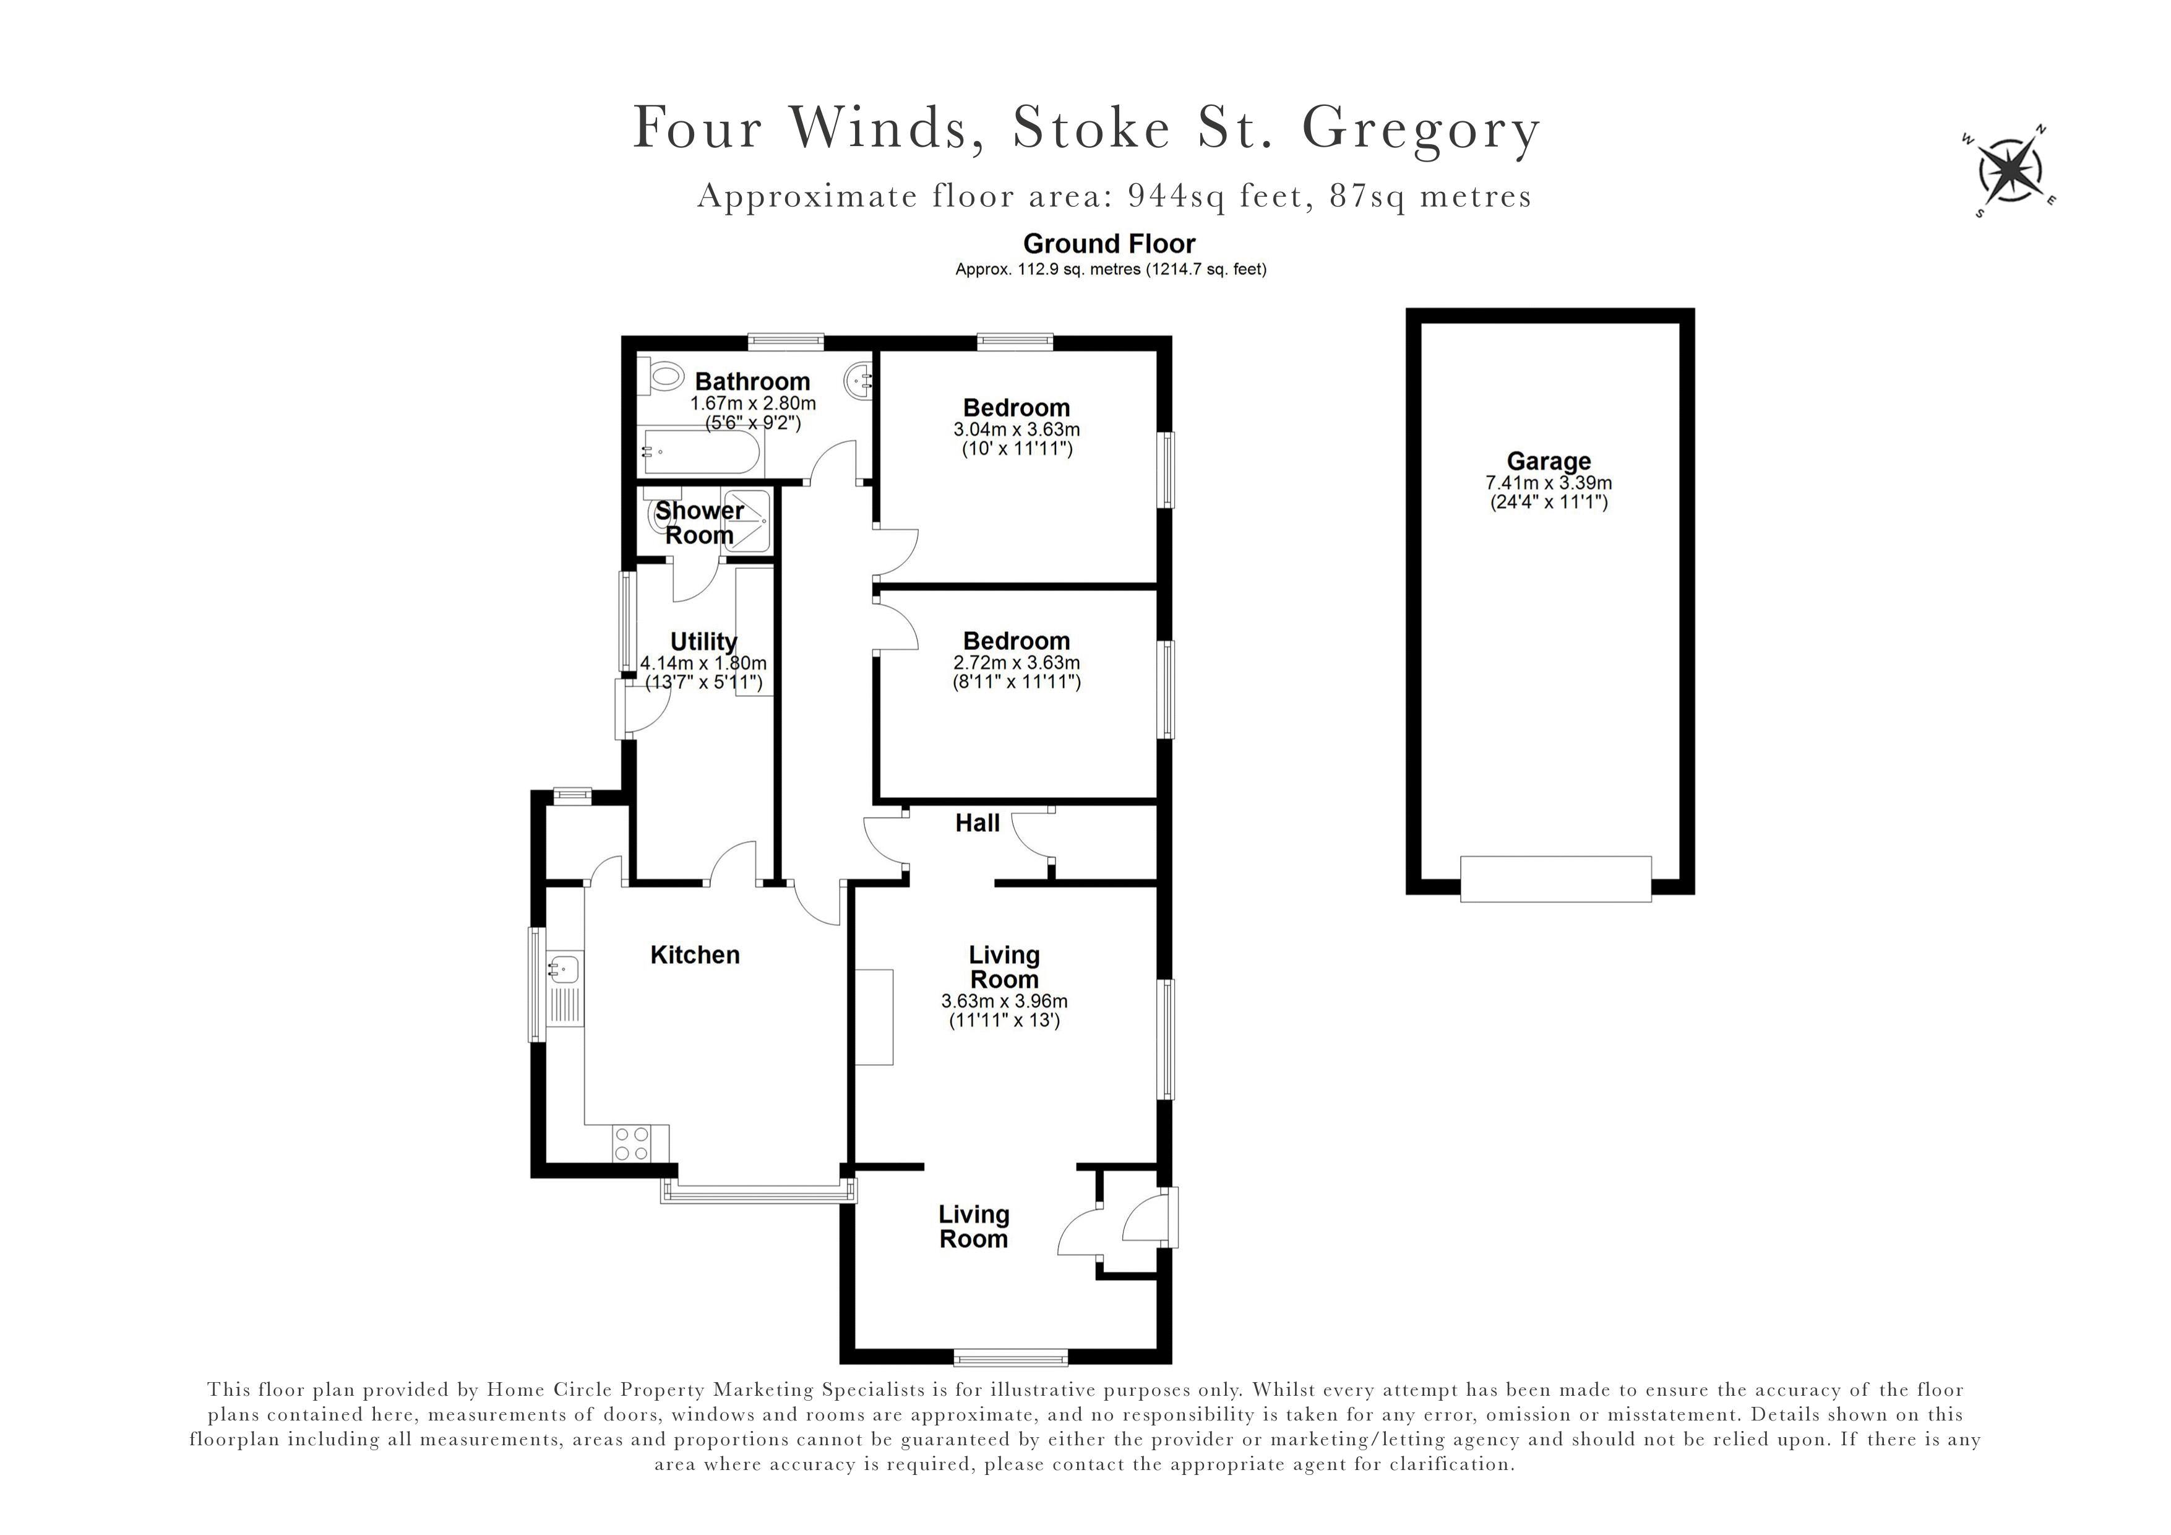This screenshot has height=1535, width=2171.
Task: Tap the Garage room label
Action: pos(1548,462)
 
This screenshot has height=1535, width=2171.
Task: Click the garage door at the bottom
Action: pos(1555,879)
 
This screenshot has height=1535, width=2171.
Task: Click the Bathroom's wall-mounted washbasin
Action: pos(858,381)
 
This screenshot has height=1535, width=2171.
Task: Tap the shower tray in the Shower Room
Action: pos(747,520)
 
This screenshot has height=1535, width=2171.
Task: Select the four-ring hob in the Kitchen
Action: pos(630,1143)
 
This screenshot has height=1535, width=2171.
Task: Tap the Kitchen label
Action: pos(695,955)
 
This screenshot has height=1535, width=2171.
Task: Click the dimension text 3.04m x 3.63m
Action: pos(1017,430)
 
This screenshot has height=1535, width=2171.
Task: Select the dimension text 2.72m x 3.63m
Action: pos(1017,663)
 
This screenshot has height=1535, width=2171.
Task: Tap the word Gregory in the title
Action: pos(1421,129)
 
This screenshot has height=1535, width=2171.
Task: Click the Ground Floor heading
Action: pos(1109,244)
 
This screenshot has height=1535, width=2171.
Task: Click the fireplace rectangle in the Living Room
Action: pos(875,1018)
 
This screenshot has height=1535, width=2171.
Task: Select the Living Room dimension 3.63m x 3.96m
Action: pos(1004,1001)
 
